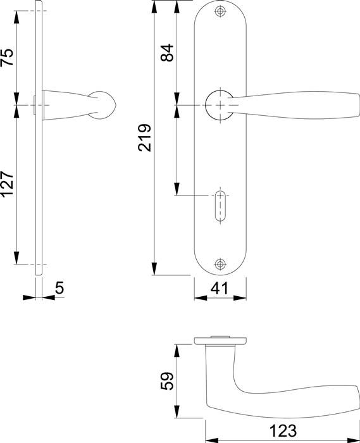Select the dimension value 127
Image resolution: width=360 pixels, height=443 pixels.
(7, 184)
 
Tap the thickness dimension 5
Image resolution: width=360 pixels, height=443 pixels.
(59, 288)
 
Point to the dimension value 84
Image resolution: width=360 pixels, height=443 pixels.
(167, 52)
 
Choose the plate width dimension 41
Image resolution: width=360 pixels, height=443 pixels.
(219, 289)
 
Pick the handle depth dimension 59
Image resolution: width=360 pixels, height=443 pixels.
(167, 382)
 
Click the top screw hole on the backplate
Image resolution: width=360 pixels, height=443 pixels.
(220, 12)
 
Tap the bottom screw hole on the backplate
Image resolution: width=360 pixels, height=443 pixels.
(220, 264)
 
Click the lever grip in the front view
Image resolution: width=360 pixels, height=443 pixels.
(297, 104)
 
